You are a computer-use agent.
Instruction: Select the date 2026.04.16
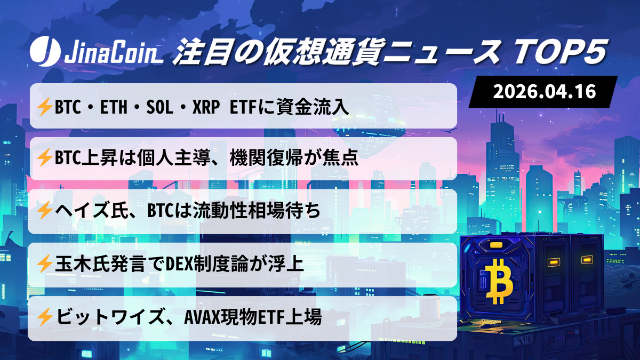(x=544, y=91)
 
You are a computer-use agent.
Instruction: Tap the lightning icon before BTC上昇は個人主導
(x=44, y=158)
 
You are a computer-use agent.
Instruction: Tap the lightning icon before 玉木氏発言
(x=44, y=263)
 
